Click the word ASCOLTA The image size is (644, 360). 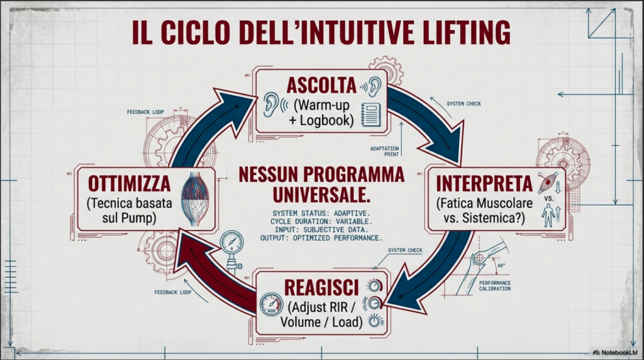[x=321, y=86]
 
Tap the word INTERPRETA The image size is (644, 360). [x=484, y=183]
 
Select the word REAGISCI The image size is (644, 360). [x=321, y=287]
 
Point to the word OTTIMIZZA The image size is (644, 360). [x=130, y=184]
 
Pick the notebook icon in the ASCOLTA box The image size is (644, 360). [x=371, y=115]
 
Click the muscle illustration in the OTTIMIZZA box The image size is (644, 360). [x=196, y=199]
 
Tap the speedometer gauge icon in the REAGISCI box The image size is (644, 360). [x=272, y=304]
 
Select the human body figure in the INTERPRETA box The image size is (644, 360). [x=548, y=217]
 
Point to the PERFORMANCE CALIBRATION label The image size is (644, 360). [x=495, y=286]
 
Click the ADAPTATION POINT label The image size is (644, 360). [x=384, y=151]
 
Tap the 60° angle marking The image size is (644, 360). [x=501, y=266]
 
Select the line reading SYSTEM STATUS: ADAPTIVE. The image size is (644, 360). [x=321, y=214]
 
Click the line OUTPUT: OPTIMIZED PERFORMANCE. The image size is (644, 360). [x=321, y=238]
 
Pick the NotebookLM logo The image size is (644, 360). [x=615, y=352]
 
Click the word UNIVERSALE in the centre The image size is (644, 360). [x=321, y=195]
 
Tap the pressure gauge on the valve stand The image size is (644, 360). [x=231, y=242]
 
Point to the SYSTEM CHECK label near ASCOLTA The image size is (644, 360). [x=464, y=104]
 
